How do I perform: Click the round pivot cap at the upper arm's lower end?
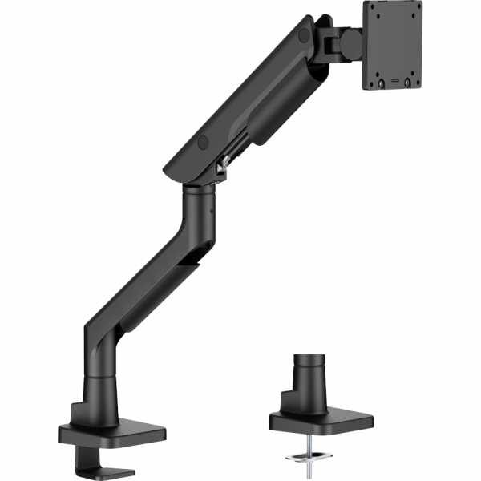click(x=203, y=142)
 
